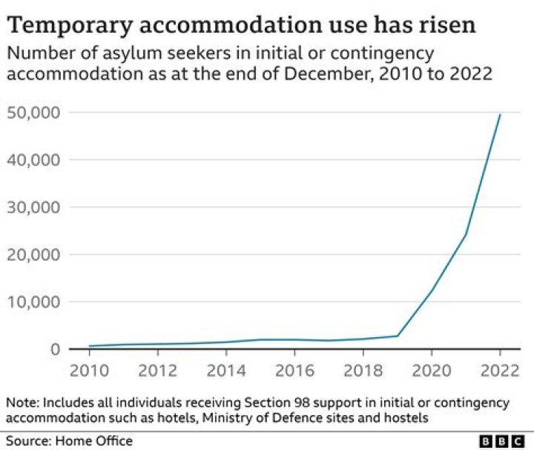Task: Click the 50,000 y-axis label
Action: click(34, 113)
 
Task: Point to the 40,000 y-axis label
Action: click(34, 160)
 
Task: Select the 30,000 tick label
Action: click(34, 207)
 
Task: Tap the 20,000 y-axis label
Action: click(34, 255)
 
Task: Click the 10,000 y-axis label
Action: click(34, 302)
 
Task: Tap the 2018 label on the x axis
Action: click(362, 370)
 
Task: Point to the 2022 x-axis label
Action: click(499, 370)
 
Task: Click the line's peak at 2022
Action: click(500, 114)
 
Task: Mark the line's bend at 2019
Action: click(397, 336)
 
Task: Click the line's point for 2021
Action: click(466, 234)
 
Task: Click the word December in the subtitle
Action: click(323, 76)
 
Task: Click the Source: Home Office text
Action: click(70, 441)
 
